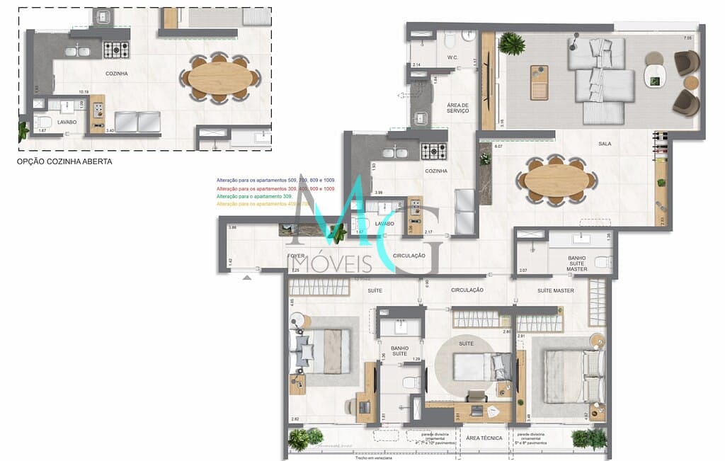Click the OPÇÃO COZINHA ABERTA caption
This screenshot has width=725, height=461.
coord(64,161)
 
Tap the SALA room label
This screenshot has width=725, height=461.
coord(604,144)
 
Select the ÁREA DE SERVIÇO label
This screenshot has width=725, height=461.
coord(458,108)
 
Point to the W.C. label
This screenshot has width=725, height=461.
coord(453,57)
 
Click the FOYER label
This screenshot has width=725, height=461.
coord(295,256)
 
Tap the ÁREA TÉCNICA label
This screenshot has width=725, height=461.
coord(484,438)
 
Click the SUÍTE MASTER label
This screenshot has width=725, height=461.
coord(555,290)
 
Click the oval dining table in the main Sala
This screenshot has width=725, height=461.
coord(556,180)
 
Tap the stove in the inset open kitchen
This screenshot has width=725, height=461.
coord(117,50)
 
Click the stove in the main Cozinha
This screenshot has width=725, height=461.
coord(434,151)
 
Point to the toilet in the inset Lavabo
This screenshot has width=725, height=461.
coord(45,122)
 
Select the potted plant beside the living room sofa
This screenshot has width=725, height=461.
coord(511,44)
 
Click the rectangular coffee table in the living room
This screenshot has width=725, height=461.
coord(540,82)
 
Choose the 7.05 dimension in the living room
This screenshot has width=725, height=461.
coord(687,38)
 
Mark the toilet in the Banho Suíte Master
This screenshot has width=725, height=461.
coord(603,263)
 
